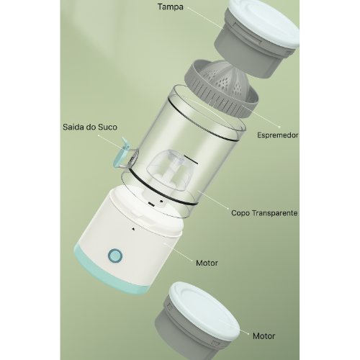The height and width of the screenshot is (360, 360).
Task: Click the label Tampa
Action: (171, 7)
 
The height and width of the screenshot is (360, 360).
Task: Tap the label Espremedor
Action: (278, 135)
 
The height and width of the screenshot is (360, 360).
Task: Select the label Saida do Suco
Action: (90, 127)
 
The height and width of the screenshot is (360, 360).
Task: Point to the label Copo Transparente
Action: (264, 213)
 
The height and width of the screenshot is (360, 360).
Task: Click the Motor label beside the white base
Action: (207, 263)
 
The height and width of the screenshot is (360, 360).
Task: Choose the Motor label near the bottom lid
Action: (264, 336)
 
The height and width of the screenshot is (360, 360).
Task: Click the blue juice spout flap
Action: (122, 153)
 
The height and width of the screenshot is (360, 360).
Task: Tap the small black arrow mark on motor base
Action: (133, 229)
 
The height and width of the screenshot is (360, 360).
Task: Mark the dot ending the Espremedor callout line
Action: (279, 127)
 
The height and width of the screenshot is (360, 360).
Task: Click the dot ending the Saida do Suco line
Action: (99, 135)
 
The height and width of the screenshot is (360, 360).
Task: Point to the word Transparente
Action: (275, 213)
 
